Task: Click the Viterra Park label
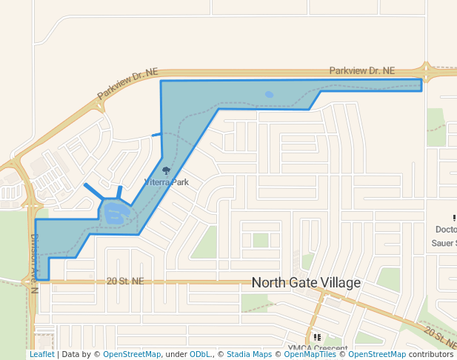[166, 181]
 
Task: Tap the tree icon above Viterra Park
[166, 171]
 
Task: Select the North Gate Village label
[306, 283]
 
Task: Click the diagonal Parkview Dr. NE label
[128, 84]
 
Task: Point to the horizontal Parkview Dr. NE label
[363, 71]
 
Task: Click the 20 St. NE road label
[125, 281]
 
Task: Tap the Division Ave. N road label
[33, 264]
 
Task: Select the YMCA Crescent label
[318, 348]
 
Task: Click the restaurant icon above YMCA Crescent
[317, 337]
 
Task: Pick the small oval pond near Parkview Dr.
[269, 95]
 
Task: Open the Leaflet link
[41, 355]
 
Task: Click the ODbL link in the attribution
[199, 355]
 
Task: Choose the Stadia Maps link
[249, 355]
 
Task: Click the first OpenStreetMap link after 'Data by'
[131, 355]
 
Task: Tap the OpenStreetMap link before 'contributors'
[376, 355]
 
